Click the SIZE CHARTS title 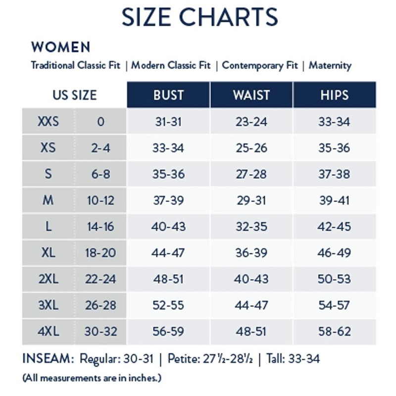coord(200,17)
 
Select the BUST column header coord(169,95)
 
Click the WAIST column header coord(251,95)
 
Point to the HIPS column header coord(335,95)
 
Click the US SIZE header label coord(75,95)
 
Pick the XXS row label coord(48,121)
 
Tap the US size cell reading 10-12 coord(100,200)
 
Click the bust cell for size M coord(169,200)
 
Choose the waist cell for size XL coord(251,253)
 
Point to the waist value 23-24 coord(251,122)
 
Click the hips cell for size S coord(334,174)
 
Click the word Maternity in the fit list coord(330,65)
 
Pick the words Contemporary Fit coord(260,65)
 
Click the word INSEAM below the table coord(48,358)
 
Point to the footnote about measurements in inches coord(92,378)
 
